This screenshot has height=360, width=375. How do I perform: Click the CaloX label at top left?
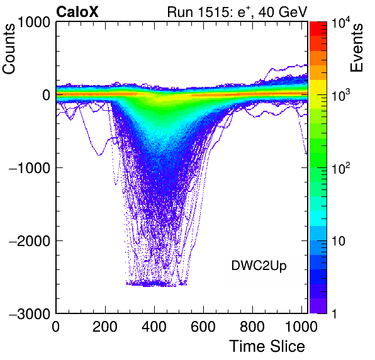77,12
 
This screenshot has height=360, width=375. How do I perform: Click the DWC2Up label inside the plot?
259,266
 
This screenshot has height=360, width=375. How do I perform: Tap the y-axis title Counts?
9,49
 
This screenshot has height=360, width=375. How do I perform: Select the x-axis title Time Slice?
267,346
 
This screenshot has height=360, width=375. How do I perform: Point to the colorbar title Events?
356,48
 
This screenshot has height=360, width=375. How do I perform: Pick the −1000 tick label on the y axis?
30,168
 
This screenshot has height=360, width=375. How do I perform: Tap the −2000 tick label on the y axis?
30,241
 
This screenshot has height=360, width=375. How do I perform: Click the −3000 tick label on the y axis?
30,314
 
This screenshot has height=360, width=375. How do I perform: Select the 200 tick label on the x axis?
105,327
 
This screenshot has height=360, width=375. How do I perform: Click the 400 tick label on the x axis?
154,327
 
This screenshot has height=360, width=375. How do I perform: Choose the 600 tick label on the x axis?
203,327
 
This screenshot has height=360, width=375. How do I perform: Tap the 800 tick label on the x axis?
252,327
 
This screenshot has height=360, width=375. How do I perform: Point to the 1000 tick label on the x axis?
301,327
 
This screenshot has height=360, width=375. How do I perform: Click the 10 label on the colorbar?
338,241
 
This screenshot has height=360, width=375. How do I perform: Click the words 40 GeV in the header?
283,12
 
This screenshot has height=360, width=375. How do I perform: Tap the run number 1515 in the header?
212,12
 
